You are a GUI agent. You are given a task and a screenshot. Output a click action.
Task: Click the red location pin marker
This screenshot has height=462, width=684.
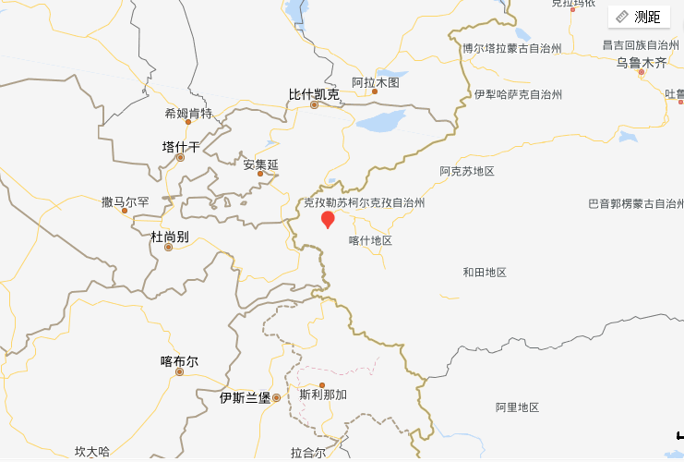click(x=327, y=219)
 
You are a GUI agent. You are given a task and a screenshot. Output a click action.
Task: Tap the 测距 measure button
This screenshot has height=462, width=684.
click(x=639, y=17)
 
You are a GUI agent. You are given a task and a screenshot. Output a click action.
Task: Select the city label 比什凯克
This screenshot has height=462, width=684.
click(x=314, y=94)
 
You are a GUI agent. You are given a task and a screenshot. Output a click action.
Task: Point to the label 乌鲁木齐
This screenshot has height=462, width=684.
click(x=642, y=63)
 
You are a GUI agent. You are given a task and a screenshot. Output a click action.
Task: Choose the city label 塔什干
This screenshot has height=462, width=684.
click(x=181, y=147)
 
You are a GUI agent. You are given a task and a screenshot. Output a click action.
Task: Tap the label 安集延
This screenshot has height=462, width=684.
click(x=260, y=164)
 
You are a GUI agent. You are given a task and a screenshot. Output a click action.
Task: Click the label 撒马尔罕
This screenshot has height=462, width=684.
click(x=126, y=201)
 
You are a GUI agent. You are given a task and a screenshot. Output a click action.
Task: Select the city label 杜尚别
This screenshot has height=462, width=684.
click(x=170, y=237)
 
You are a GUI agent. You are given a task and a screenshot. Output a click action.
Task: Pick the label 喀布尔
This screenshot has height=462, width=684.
click(x=179, y=361)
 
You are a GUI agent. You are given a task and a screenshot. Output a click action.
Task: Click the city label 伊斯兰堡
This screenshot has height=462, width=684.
click(x=245, y=397)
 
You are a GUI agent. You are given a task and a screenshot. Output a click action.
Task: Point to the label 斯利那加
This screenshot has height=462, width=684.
click(x=323, y=395)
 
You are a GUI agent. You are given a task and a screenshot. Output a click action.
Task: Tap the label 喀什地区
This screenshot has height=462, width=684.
click(x=370, y=240)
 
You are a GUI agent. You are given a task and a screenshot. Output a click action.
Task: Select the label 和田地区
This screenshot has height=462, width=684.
click(x=485, y=272)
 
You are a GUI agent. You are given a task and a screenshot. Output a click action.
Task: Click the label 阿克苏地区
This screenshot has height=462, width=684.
click(x=467, y=171)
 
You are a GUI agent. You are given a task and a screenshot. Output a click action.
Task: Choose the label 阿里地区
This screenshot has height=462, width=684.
click(x=517, y=407)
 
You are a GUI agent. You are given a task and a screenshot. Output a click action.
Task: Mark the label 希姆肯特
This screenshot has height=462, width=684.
click(x=188, y=114)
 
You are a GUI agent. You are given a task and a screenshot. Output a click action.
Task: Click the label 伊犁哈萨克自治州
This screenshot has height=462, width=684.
click(x=518, y=94)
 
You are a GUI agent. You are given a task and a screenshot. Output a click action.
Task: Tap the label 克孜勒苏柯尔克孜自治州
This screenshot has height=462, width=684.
click(x=364, y=202)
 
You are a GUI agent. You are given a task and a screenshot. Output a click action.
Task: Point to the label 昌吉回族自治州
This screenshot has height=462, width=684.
click(x=641, y=44)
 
